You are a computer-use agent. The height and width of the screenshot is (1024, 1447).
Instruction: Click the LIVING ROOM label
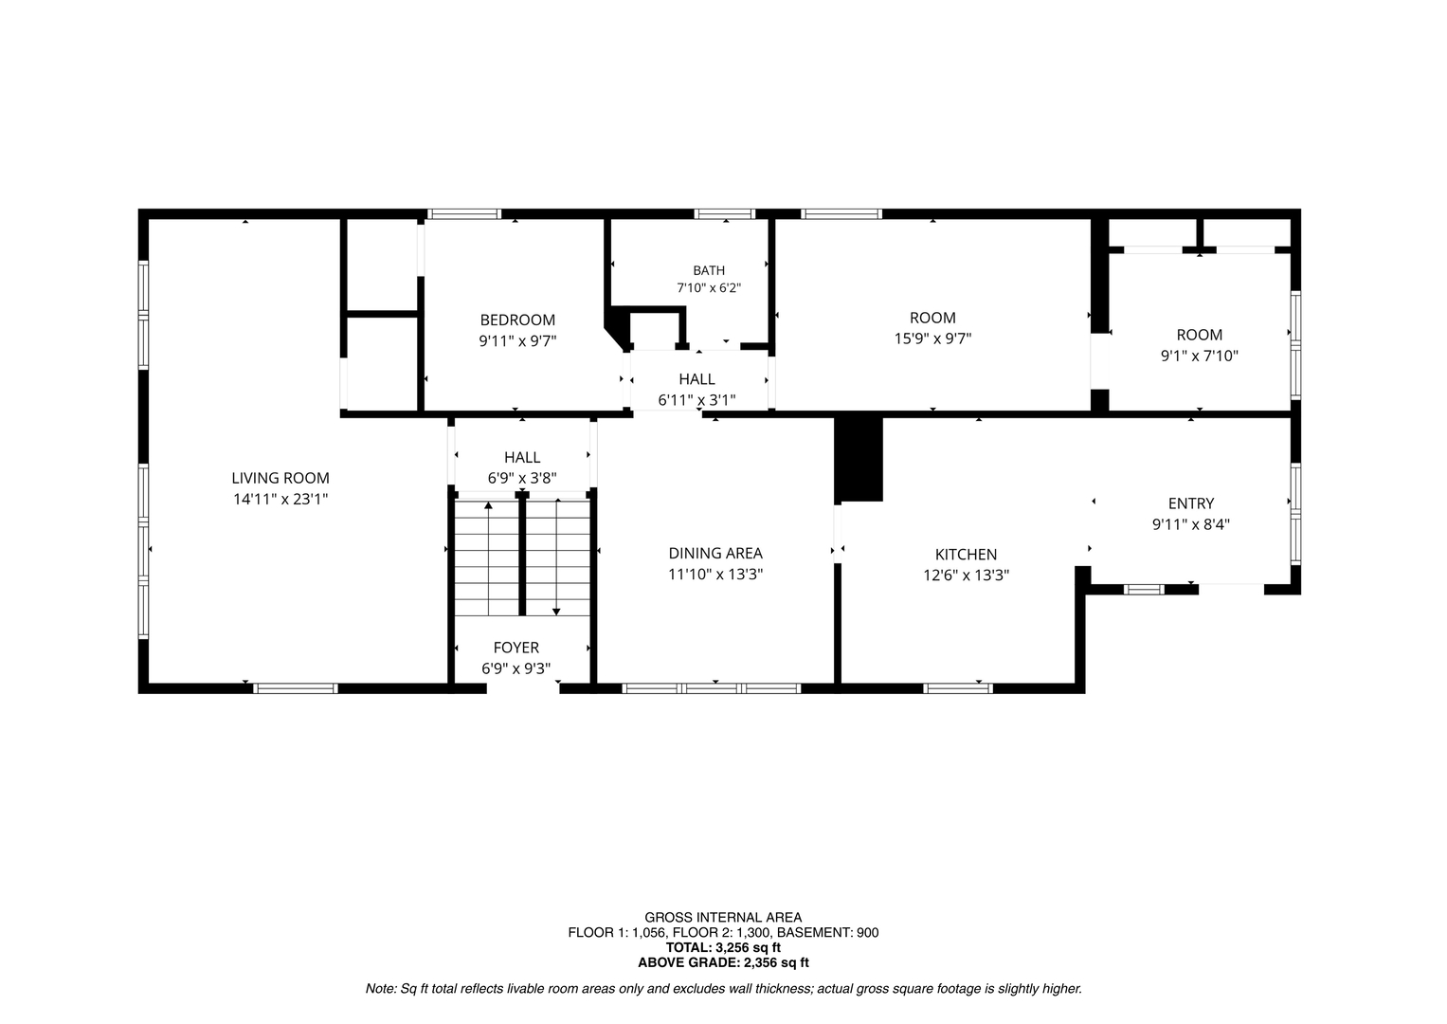pyautogui.click(x=280, y=479)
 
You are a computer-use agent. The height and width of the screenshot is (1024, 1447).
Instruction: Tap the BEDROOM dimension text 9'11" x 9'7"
pyautogui.click(x=517, y=340)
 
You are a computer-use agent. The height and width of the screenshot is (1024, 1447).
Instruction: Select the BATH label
pyautogui.click(x=709, y=270)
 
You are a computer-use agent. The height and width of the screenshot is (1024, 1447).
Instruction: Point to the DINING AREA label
pyautogui.click(x=715, y=554)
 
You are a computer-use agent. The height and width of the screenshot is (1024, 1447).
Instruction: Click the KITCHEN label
pyautogui.click(x=966, y=554)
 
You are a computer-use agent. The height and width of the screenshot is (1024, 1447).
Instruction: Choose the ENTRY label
pyautogui.click(x=1190, y=503)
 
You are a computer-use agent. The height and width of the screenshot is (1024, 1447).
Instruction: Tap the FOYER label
pyautogui.click(x=515, y=647)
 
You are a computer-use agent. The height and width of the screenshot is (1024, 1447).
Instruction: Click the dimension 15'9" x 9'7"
pyautogui.click(x=932, y=338)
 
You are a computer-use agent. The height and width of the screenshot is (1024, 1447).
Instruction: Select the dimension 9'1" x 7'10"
pyautogui.click(x=1199, y=356)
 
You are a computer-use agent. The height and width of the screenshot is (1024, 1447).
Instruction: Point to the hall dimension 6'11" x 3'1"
pyautogui.click(x=696, y=400)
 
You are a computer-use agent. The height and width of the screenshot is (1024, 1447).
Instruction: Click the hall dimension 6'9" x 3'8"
pyautogui.click(x=522, y=479)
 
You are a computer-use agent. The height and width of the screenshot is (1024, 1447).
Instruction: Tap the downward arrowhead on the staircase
pyautogui.click(x=556, y=612)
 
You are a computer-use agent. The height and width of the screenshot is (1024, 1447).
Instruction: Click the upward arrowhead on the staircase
pyautogui.click(x=488, y=504)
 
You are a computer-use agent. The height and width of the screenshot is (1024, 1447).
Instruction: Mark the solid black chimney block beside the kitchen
pyautogui.click(x=859, y=459)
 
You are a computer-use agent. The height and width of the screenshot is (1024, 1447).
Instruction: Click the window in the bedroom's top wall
pyautogui.click(x=463, y=214)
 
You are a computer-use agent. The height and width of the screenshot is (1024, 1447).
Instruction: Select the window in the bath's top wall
pyautogui.click(x=724, y=214)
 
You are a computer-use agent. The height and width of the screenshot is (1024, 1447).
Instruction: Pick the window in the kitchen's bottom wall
pyautogui.click(x=957, y=688)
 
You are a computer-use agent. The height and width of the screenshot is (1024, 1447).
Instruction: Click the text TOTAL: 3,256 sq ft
pyautogui.click(x=723, y=948)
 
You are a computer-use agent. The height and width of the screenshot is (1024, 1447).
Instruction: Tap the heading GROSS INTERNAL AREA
pyautogui.click(x=723, y=918)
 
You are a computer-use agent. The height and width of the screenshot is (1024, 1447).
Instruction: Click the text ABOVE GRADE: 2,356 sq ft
pyautogui.click(x=723, y=962)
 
